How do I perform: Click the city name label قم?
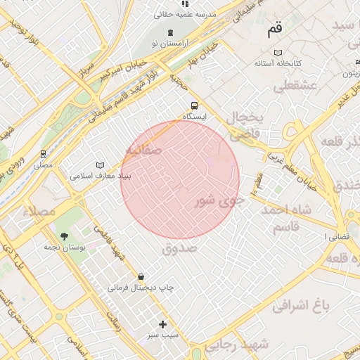(274, 32)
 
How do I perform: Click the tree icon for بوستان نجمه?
(65, 236)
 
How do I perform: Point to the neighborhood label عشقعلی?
(297, 86)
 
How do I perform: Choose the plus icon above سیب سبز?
(163, 324)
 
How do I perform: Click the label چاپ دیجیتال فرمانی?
(141, 288)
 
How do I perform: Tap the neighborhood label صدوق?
(180, 248)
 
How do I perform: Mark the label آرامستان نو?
(169, 44)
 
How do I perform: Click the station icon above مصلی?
(44, 153)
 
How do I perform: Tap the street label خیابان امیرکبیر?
(124, 67)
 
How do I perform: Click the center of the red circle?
(180, 179)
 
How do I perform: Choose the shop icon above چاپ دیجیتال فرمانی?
(141, 276)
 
